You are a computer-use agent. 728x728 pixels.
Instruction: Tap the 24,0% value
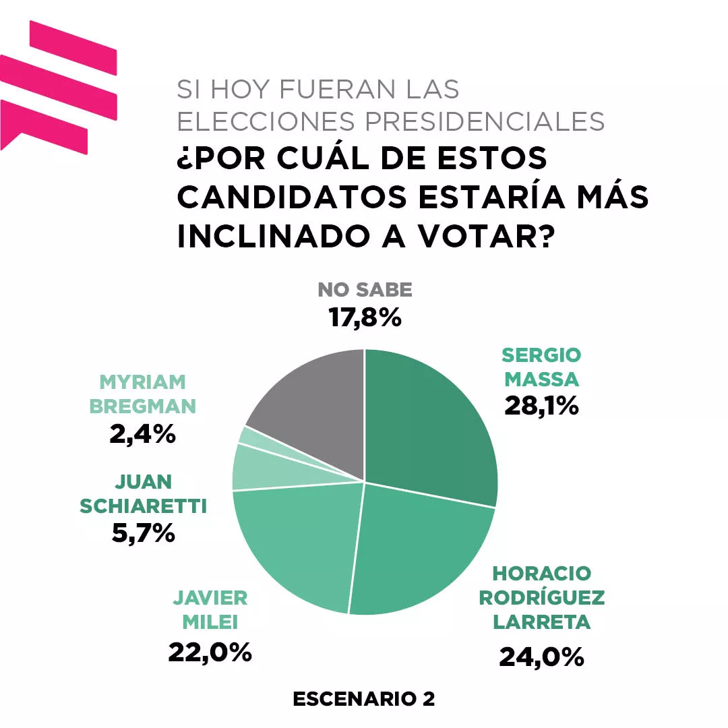pos(541,656)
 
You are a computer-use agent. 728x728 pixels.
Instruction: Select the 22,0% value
pos(210,652)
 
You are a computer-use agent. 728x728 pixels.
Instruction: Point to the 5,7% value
pos(142,533)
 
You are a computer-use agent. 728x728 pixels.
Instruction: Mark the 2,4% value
pos(142,434)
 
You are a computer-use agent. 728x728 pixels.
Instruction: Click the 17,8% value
pos(365,317)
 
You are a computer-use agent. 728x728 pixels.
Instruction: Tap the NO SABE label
pos(365,290)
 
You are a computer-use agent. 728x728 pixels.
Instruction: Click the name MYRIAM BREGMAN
pos(142,394)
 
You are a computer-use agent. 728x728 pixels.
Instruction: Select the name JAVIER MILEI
pos(210,609)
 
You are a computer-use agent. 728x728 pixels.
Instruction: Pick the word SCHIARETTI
pos(144,506)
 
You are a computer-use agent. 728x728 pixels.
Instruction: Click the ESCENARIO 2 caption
pos(364,699)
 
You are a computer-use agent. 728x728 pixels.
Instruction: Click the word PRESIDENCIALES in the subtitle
pos(485,121)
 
